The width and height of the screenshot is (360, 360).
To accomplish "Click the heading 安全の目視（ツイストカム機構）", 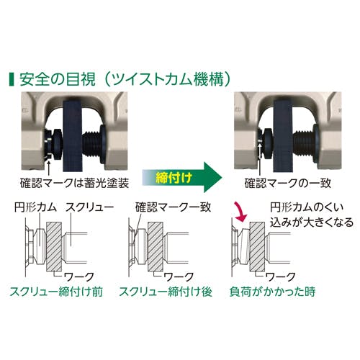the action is pyautogui.click(x=125, y=79).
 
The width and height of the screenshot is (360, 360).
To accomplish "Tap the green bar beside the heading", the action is pyautogui.click(x=11, y=79).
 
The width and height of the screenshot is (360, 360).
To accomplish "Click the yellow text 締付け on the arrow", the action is pyautogui.click(x=174, y=178).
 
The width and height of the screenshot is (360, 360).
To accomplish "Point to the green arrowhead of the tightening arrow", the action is pyautogui.click(x=212, y=177).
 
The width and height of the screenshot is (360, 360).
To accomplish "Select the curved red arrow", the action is pyautogui.click(x=241, y=212).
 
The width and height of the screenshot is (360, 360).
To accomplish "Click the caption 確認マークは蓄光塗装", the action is pyautogui.click(x=75, y=183).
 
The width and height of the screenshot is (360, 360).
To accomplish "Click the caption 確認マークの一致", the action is pyautogui.click(x=288, y=183).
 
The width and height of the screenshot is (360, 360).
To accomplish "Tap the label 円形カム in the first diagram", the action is pyautogui.click(x=35, y=207).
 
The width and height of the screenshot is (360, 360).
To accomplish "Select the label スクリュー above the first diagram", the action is pyautogui.click(x=89, y=207).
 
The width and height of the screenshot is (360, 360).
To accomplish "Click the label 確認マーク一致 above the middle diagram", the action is pyautogui.click(x=173, y=207).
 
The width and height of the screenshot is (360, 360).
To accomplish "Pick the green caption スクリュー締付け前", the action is pyautogui.click(x=56, y=292).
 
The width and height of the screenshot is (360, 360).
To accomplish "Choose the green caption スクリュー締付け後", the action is pyautogui.click(x=166, y=292).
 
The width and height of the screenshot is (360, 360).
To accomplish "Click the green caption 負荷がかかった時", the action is pyautogui.click(x=272, y=292).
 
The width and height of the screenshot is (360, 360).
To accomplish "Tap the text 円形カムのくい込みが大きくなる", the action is pyautogui.click(x=312, y=215).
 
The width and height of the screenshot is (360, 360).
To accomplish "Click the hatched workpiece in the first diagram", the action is pyautogui.click(x=54, y=246).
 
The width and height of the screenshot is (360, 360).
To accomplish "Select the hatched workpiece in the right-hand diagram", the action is pyautogui.click(x=257, y=246).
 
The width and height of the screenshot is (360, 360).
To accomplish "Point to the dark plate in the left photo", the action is pyautogui.click(x=73, y=135).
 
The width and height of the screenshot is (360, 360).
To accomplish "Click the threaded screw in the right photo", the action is pyautogui.click(x=303, y=143).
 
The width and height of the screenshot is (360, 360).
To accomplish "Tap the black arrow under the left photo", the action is pyautogui.click(x=49, y=168).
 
